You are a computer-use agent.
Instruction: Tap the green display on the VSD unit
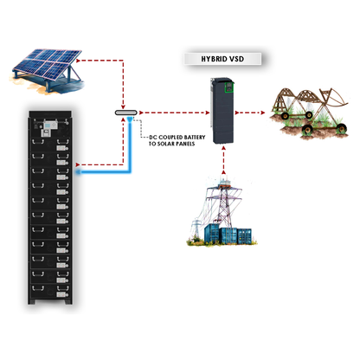pos(229,87)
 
